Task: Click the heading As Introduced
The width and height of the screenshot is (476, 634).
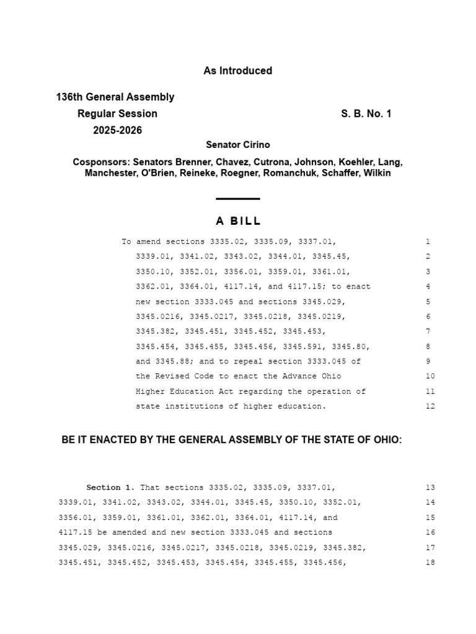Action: pos(237,71)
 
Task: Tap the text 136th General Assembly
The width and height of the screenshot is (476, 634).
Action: pos(115,97)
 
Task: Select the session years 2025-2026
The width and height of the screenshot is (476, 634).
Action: pos(118,131)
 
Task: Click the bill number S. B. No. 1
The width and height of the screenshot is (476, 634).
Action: pos(366,114)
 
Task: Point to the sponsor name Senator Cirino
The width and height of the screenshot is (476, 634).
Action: pos(238,145)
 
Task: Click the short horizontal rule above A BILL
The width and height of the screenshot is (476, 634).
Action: pos(238,199)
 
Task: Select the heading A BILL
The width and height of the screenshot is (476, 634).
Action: pos(238,221)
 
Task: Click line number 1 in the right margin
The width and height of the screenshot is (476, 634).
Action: pos(428,242)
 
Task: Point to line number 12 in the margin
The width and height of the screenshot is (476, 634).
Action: pos(430,407)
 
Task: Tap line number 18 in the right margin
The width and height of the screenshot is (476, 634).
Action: pos(430,563)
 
